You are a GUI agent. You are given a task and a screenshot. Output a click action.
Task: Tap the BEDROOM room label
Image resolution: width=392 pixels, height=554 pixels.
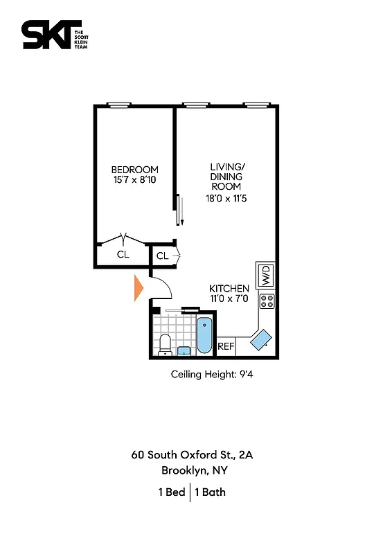tap(135, 170)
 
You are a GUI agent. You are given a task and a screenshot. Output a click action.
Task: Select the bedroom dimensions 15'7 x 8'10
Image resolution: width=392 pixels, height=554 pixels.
tap(135, 181)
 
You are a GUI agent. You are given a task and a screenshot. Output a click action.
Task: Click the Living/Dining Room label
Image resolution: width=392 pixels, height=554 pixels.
tap(227, 177)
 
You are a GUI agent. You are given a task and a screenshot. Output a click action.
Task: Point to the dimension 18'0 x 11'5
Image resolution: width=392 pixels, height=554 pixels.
tap(227, 199)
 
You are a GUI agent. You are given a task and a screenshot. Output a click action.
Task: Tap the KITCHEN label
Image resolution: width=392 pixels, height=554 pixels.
tap(229, 288)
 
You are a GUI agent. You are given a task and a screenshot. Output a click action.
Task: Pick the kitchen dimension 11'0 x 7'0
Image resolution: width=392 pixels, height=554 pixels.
tap(229, 299)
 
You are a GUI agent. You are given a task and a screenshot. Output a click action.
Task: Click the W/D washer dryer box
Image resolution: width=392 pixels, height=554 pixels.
tap(265, 276)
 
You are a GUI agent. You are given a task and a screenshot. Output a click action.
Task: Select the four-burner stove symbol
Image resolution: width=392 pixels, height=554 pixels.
tap(267, 301)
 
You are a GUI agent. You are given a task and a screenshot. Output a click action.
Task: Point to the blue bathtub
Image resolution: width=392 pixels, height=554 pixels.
tap(205, 335)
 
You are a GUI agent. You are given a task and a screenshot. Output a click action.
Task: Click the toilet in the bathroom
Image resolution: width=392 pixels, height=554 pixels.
tap(165, 344)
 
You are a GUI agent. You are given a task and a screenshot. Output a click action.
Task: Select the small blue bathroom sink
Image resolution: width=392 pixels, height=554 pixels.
tap(184, 350)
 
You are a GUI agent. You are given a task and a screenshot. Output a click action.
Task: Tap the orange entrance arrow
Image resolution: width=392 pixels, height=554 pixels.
tap(138, 288)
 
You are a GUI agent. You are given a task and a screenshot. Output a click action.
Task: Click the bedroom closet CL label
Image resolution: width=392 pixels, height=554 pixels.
tap(123, 254)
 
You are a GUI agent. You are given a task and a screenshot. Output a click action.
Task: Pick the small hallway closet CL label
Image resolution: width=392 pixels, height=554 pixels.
tap(162, 256)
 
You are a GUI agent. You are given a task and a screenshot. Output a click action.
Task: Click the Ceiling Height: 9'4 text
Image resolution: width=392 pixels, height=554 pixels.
tap(209, 375)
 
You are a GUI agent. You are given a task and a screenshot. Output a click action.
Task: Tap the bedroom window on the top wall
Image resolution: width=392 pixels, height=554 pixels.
tap(118, 106)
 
